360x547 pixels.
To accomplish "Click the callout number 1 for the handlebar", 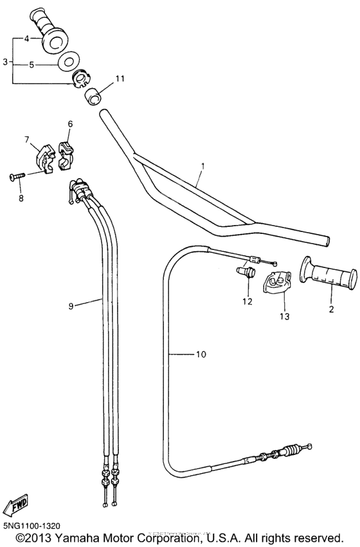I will coord(203,166).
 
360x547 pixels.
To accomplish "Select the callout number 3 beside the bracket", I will coord(5,62).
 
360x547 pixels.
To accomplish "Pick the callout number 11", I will coord(119,78).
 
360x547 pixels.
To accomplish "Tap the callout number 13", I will coord(283,316).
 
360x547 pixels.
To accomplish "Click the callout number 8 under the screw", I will coord(21,198).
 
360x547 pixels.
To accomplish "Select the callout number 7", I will coord(27,139).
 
